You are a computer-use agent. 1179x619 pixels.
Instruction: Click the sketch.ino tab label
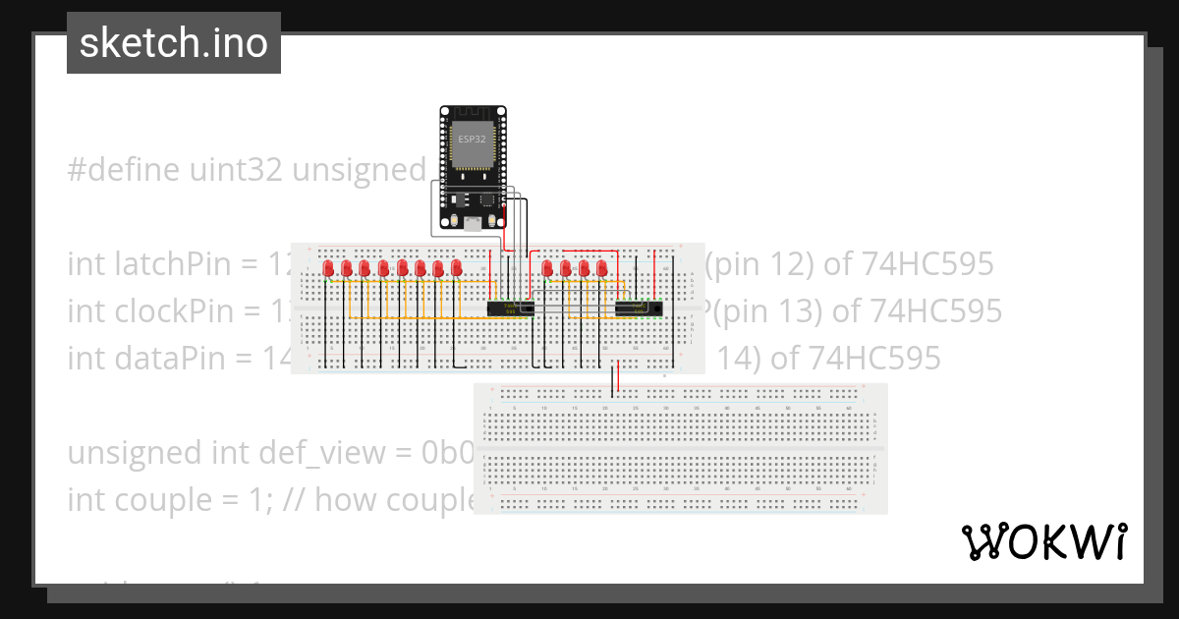(x=174, y=43)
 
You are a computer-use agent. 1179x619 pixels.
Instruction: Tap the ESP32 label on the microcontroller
(x=471, y=140)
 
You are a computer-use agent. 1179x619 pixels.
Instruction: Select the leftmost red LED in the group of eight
(x=327, y=268)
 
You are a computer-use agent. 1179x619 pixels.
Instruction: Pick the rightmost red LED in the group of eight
(x=456, y=268)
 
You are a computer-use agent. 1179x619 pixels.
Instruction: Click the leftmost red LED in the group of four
(x=547, y=268)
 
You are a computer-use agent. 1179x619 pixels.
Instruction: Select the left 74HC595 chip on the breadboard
(x=511, y=309)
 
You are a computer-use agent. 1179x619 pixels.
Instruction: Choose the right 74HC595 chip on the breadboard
(x=638, y=309)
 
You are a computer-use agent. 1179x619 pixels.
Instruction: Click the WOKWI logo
(x=1044, y=541)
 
